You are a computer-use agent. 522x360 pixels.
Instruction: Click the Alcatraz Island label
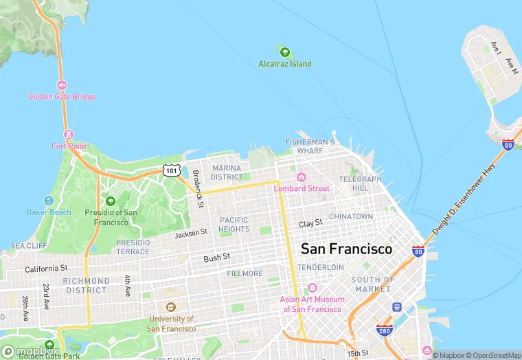284,64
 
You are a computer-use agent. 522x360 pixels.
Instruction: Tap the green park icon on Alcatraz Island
284,51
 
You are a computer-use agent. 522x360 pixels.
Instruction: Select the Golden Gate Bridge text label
62,97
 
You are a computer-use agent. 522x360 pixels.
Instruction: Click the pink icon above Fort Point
68,134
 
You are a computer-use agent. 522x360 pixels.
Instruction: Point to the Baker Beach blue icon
48,201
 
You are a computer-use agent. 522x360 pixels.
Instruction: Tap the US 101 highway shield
170,169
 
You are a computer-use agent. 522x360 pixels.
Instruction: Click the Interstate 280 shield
384,330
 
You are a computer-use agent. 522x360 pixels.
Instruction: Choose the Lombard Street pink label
302,188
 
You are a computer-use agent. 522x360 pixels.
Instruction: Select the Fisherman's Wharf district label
310,146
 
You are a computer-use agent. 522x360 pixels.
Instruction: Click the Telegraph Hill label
359,183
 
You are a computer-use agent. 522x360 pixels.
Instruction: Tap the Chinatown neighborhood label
351,216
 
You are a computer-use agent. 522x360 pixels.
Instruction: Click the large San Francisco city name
347,249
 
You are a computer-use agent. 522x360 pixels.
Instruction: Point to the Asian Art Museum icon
313,288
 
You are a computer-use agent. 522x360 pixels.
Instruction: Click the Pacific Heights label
234,224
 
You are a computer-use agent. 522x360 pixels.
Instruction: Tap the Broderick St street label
197,189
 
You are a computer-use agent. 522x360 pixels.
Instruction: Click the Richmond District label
86,286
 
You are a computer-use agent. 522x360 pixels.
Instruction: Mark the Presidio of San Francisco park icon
111,201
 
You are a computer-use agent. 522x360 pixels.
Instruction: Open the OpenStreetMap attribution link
493,355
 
